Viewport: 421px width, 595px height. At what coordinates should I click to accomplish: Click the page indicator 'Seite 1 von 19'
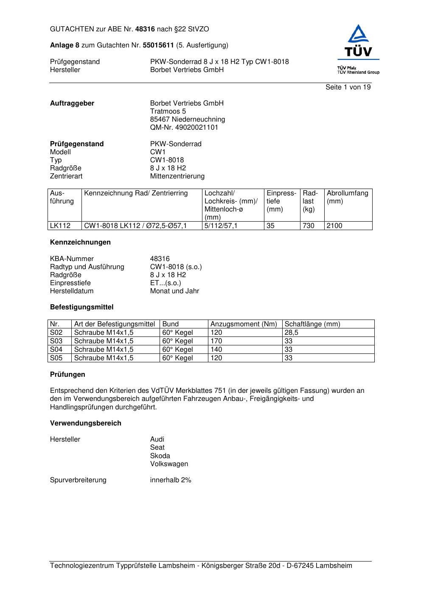click(348, 87)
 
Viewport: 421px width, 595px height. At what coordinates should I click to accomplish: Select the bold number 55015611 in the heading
click(158, 45)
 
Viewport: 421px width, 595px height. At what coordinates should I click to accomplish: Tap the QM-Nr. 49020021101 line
click(184, 128)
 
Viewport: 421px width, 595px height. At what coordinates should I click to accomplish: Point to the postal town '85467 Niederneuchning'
click(188, 120)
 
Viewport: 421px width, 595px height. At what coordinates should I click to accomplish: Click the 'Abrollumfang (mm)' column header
click(347, 197)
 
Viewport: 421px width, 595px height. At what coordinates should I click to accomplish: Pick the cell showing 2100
click(334, 226)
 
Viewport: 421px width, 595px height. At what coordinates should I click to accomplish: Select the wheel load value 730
click(309, 226)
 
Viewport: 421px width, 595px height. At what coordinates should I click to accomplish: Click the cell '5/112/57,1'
click(221, 226)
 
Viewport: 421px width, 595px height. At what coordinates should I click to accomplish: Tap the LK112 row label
click(60, 226)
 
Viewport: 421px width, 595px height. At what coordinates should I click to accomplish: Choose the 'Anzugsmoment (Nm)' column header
click(244, 324)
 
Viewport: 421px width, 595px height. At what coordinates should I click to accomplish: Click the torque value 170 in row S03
click(216, 341)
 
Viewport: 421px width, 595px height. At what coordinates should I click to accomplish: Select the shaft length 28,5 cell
click(292, 333)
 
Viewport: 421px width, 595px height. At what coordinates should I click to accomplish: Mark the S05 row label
click(56, 358)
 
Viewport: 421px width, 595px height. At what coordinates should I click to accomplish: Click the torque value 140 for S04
click(216, 350)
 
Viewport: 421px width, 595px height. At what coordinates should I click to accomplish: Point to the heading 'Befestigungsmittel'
click(82, 307)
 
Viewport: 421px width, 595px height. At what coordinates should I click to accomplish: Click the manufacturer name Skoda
click(160, 456)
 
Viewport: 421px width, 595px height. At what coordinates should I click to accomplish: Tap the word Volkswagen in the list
click(169, 464)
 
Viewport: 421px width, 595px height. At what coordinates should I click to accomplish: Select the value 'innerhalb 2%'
click(171, 480)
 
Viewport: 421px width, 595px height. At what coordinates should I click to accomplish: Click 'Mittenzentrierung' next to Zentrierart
click(177, 176)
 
